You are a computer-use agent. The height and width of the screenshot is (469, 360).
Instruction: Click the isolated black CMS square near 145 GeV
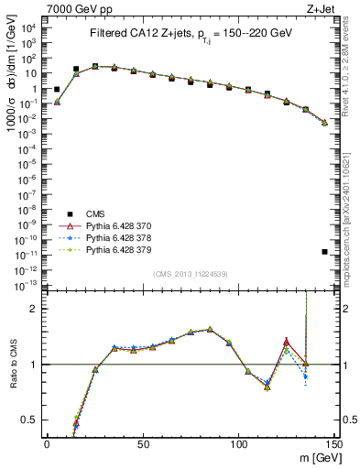tap(325, 252)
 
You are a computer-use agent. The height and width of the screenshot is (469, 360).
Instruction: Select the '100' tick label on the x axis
tap(239, 443)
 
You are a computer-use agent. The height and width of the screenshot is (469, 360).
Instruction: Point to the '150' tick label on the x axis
tap(334, 443)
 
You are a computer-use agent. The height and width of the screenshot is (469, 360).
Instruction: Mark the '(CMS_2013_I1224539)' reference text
tap(191, 274)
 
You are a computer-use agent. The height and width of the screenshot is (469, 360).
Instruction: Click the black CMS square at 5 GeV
tap(57, 90)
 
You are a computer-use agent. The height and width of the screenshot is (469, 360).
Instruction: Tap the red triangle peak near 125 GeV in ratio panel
tap(287, 341)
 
